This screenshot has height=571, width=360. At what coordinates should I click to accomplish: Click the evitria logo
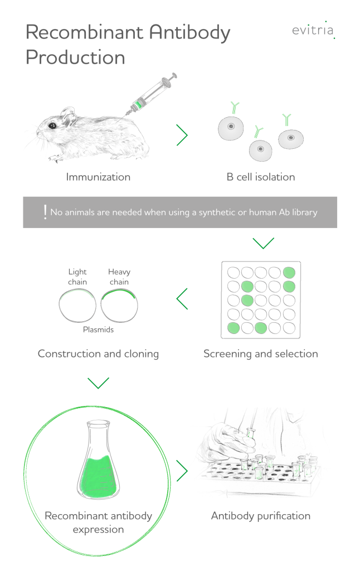(313, 30)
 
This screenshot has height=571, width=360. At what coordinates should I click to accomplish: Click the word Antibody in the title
(189, 33)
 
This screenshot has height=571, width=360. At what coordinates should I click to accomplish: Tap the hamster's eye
(53, 125)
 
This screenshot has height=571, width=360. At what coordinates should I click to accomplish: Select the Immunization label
(98, 177)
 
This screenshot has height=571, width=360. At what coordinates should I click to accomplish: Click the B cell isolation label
(261, 177)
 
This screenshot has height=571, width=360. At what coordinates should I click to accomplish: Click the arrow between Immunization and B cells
(182, 135)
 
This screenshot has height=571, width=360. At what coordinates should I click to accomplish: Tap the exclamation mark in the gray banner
(45, 212)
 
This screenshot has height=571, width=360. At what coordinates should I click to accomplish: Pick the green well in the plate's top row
(289, 272)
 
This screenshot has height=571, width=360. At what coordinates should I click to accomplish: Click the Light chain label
(77, 277)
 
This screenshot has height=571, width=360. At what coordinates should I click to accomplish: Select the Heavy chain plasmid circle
(119, 305)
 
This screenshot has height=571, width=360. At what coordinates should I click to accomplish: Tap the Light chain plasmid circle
(77, 305)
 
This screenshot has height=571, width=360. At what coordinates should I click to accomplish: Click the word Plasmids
(98, 330)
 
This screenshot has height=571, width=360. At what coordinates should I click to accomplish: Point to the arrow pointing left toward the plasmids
(182, 299)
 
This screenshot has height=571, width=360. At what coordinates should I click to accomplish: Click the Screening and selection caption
(261, 354)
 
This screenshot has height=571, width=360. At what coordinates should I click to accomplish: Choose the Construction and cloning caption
(98, 354)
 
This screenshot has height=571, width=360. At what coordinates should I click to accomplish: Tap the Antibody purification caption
(261, 516)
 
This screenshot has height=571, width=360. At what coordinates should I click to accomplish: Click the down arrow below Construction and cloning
(98, 383)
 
